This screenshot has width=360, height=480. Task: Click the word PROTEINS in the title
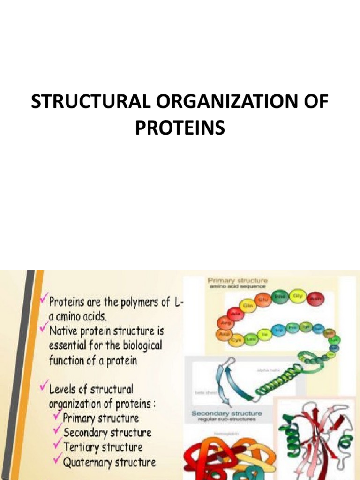click(x=180, y=127)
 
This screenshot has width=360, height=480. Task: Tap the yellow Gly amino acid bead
click(x=297, y=296)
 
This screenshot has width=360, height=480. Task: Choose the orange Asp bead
click(x=222, y=335)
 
